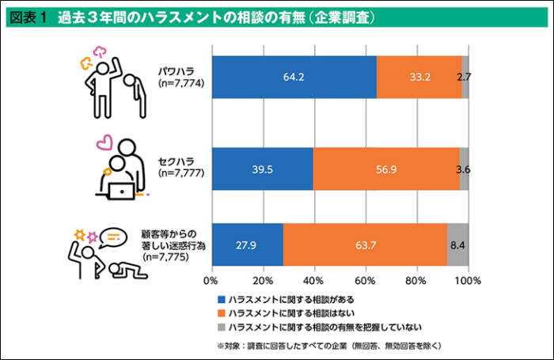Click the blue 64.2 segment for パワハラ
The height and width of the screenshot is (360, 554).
tap(294, 78)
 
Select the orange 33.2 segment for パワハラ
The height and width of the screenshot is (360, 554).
tap(419, 78)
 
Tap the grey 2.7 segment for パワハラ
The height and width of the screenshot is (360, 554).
tap(465, 78)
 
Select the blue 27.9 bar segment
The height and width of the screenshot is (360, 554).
tap(247, 245)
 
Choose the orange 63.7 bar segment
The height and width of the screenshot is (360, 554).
tap(365, 245)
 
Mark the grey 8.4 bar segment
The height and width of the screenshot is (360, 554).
tap(458, 245)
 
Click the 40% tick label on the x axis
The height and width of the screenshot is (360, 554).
tap(314, 279)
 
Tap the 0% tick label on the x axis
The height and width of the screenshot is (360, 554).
tap(211, 279)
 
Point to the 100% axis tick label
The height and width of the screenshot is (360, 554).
tap(467, 279)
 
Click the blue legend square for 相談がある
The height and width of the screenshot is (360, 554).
tap(221, 299)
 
